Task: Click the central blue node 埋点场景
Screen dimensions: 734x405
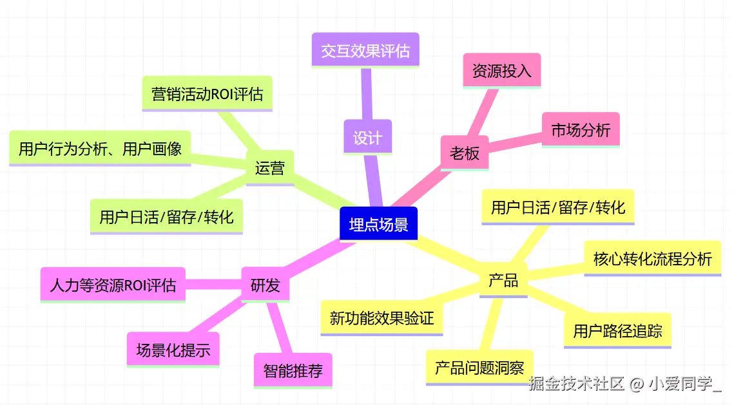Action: pyautogui.click(x=378, y=224)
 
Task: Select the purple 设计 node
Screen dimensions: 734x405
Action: pyautogui.click(x=367, y=137)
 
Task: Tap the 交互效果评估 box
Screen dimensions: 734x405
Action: pyautogui.click(x=365, y=50)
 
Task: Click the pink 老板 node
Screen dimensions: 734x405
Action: pyautogui.click(x=464, y=153)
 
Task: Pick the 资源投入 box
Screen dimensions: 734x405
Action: pyautogui.click(x=501, y=70)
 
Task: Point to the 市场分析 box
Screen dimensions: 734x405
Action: pyautogui.click(x=580, y=130)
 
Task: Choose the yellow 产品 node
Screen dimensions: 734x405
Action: pyautogui.click(x=503, y=280)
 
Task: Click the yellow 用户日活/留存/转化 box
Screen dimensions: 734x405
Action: pyautogui.click(x=557, y=207)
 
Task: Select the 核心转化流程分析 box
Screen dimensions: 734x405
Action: pyautogui.click(x=652, y=259)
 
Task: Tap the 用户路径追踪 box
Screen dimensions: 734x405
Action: pyautogui.click(x=617, y=331)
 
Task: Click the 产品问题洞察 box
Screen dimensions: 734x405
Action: pyautogui.click(x=479, y=368)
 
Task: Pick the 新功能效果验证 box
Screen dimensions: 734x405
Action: pyautogui.click(x=381, y=317)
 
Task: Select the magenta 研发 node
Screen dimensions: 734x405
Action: pyautogui.click(x=265, y=285)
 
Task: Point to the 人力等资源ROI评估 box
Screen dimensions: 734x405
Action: pyautogui.click(x=113, y=285)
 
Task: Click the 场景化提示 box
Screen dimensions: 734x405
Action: pyautogui.click(x=173, y=350)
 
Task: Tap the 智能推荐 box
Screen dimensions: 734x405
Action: pyautogui.click(x=293, y=370)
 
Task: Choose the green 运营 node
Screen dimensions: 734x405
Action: pyautogui.click(x=269, y=168)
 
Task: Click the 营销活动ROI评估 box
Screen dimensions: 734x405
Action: pyautogui.click(x=207, y=94)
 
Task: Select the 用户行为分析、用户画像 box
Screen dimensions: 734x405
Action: pyautogui.click(x=100, y=149)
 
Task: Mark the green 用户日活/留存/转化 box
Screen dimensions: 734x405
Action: pyautogui.click(x=166, y=216)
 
